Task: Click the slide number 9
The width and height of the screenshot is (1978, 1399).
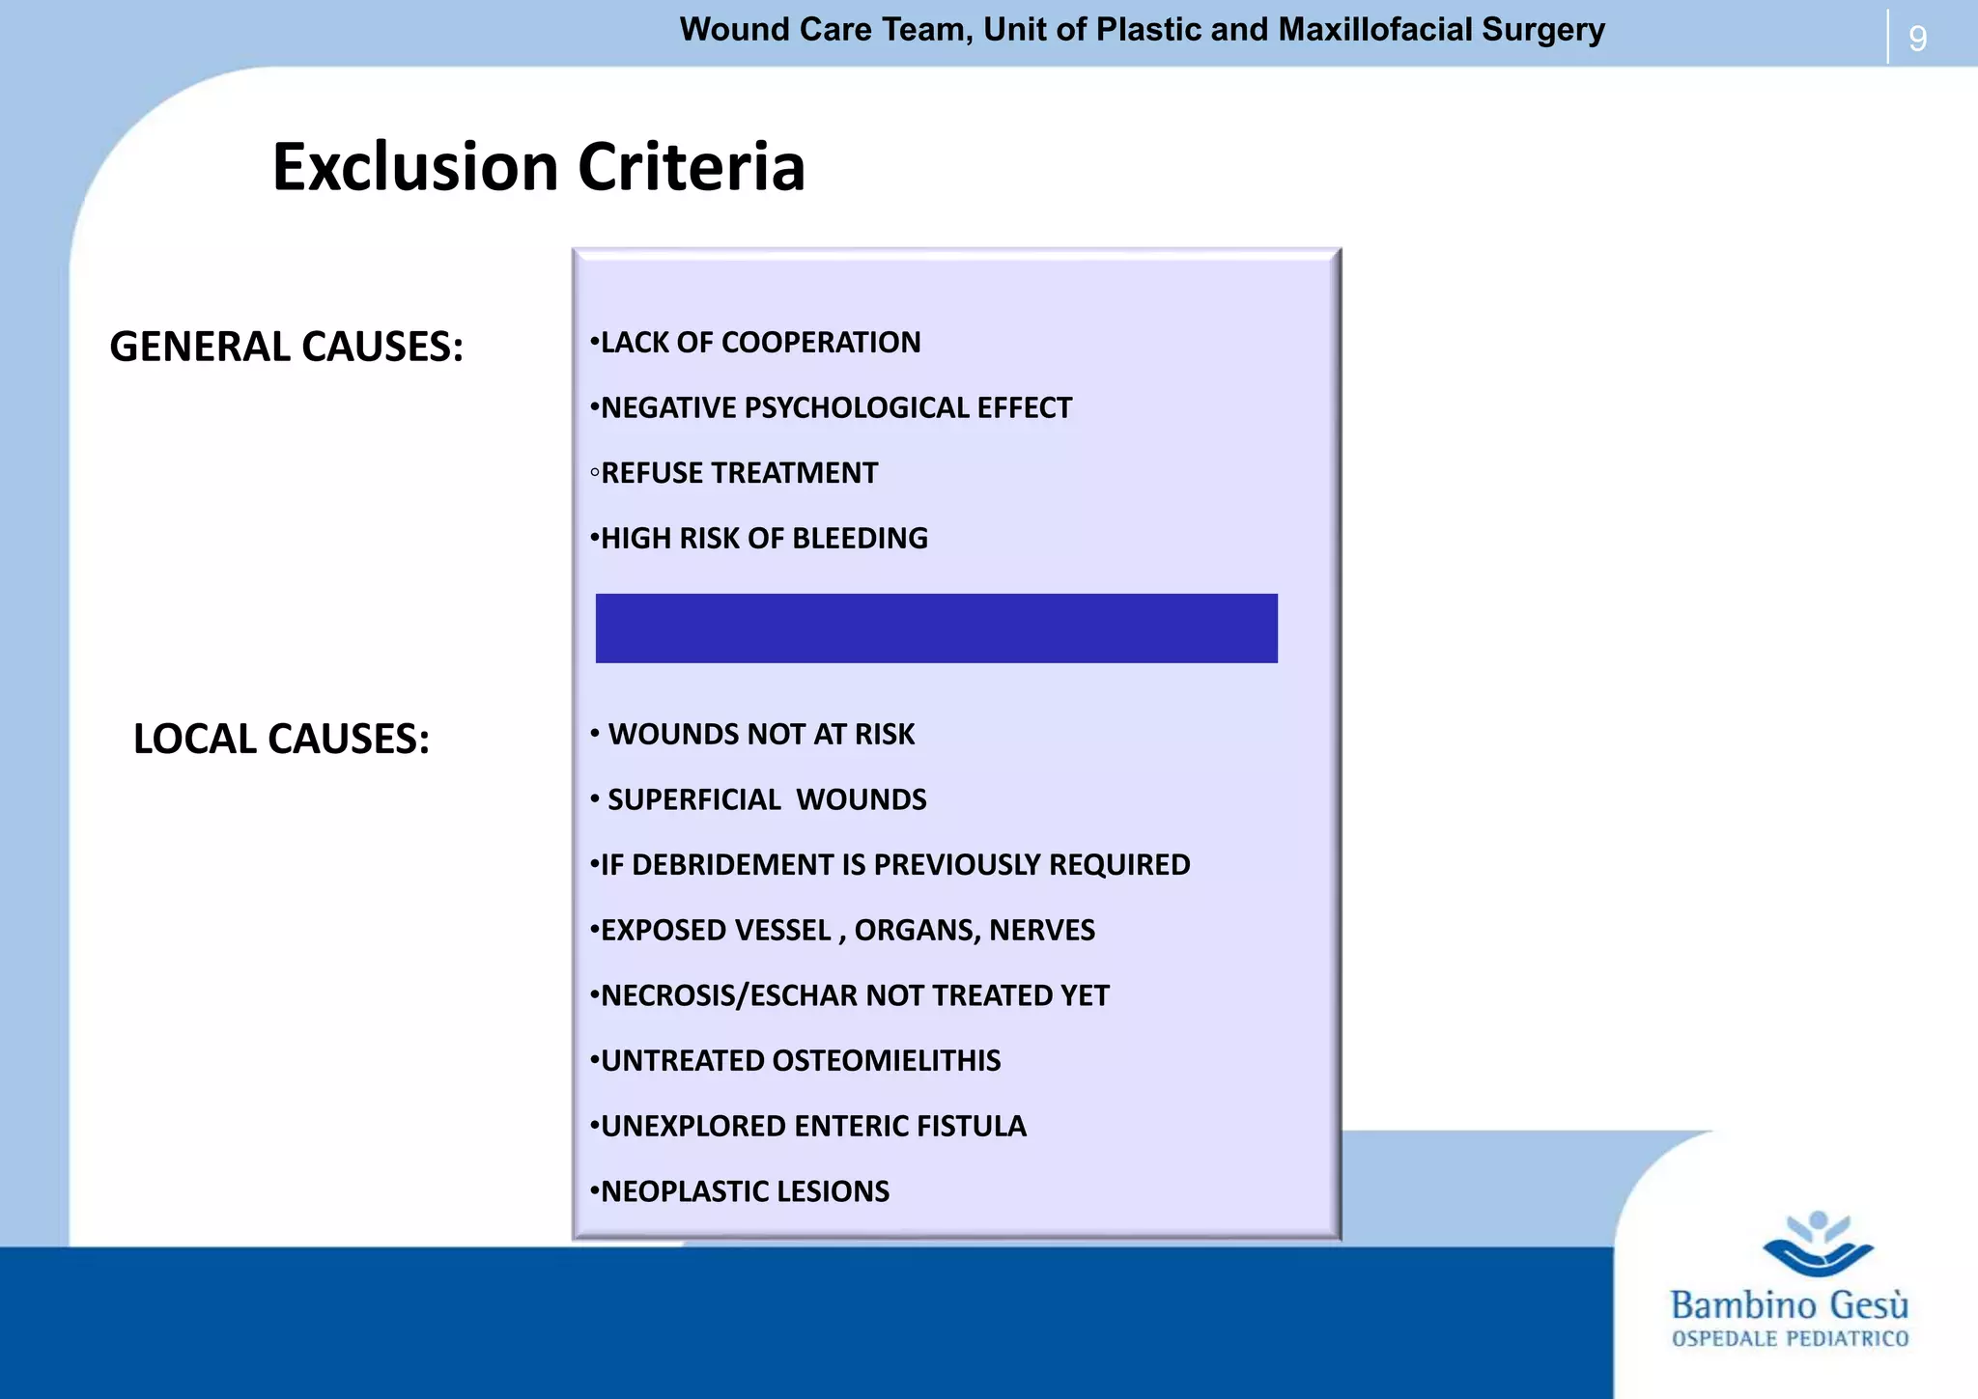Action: pyautogui.click(x=1917, y=39)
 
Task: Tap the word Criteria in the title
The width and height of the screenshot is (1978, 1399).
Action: pyautogui.click(x=691, y=167)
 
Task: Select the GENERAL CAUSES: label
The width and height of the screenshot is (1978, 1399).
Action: pyautogui.click(x=286, y=347)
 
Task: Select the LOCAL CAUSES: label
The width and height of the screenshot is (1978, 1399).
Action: pyautogui.click(x=281, y=739)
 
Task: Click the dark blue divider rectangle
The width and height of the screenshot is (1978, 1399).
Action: pyautogui.click(x=936, y=628)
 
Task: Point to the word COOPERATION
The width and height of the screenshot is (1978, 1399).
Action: pyautogui.click(x=821, y=343)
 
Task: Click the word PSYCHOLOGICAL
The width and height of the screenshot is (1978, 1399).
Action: pyautogui.click(x=860, y=408)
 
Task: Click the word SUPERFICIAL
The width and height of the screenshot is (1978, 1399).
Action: pyautogui.click(x=693, y=800)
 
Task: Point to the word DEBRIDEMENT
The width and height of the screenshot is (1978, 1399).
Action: pyautogui.click(x=732, y=865)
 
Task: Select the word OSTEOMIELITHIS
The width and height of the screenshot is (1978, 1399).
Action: pyautogui.click(x=887, y=1061)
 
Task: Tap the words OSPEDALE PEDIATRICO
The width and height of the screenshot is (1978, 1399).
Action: pyautogui.click(x=1790, y=1339)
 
